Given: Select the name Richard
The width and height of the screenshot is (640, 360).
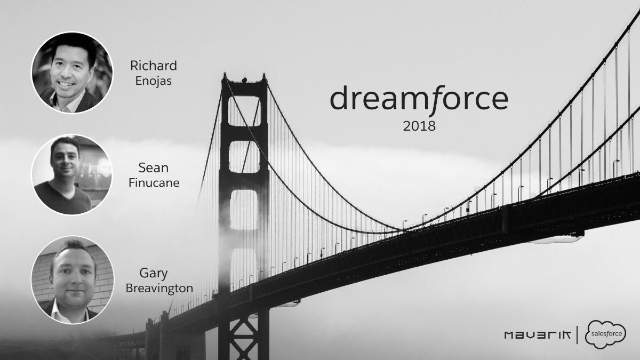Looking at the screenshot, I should pyautogui.click(x=154, y=66).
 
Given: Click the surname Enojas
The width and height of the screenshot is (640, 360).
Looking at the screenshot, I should pyautogui.click(x=154, y=82).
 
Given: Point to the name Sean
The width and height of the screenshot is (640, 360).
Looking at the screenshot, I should pyautogui.click(x=154, y=169).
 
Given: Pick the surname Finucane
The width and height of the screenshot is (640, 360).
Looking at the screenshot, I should pyautogui.click(x=154, y=183).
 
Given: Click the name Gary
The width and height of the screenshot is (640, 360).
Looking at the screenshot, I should pyautogui.click(x=154, y=274).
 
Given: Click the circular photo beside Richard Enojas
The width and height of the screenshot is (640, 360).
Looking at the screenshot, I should pyautogui.click(x=72, y=71).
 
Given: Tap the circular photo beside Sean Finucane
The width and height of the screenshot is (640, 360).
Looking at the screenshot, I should pyautogui.click(x=72, y=174).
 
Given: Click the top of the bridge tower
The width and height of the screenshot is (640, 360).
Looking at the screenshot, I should pyautogui.click(x=244, y=80).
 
